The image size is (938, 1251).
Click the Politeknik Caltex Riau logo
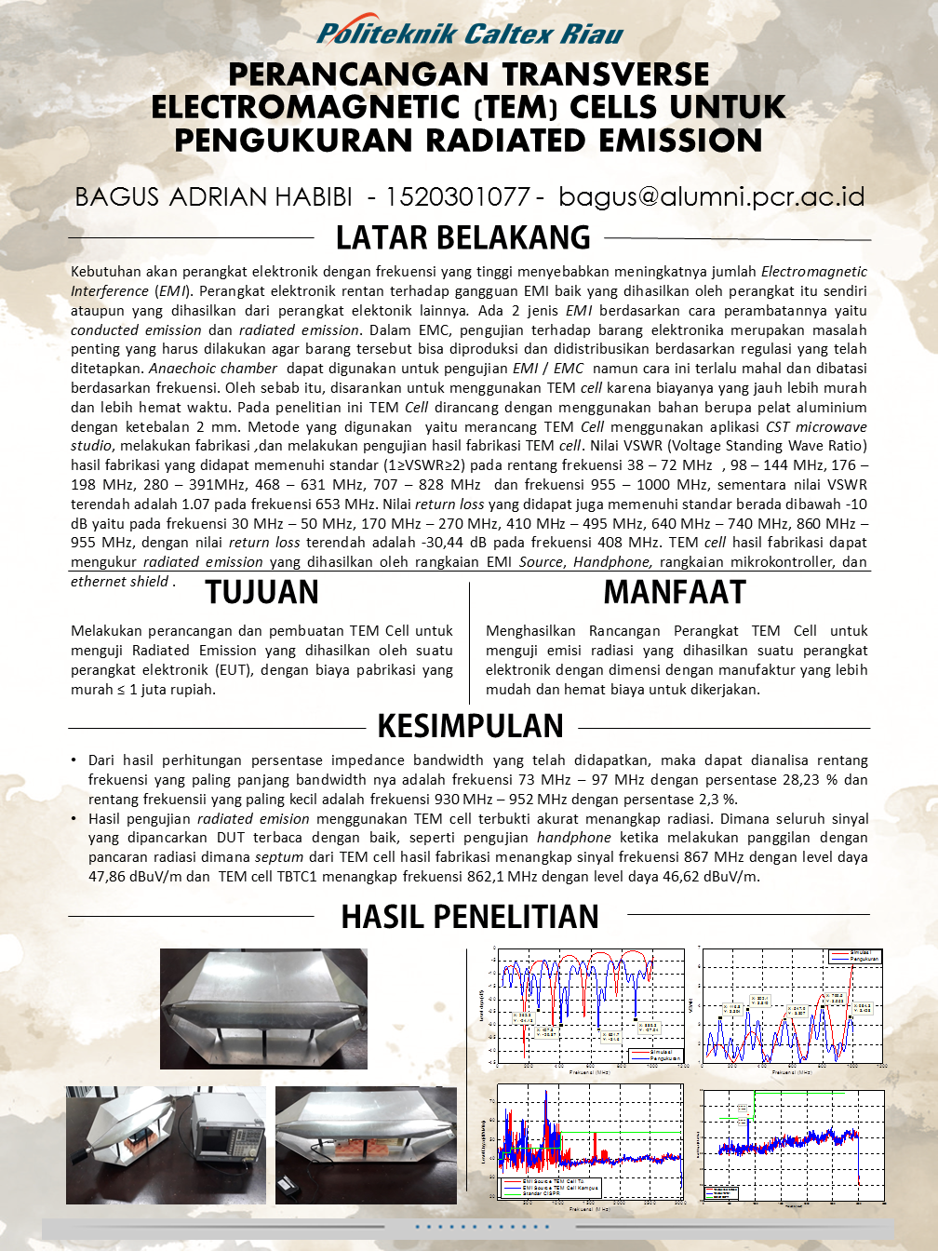point(469,34)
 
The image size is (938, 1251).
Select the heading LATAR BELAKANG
point(462,238)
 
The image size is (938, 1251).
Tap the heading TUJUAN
point(262,592)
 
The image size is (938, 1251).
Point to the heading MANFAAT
point(675,592)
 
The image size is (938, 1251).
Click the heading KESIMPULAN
point(470,726)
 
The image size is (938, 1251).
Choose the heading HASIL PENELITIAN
point(470,917)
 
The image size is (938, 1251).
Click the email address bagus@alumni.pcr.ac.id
point(712,196)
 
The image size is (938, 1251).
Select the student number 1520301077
point(457,196)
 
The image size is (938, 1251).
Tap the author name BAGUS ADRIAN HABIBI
point(213,196)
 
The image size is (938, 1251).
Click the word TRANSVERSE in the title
point(601,74)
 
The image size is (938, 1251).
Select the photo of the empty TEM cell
point(263,1008)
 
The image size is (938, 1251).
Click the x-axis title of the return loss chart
point(588,1072)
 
